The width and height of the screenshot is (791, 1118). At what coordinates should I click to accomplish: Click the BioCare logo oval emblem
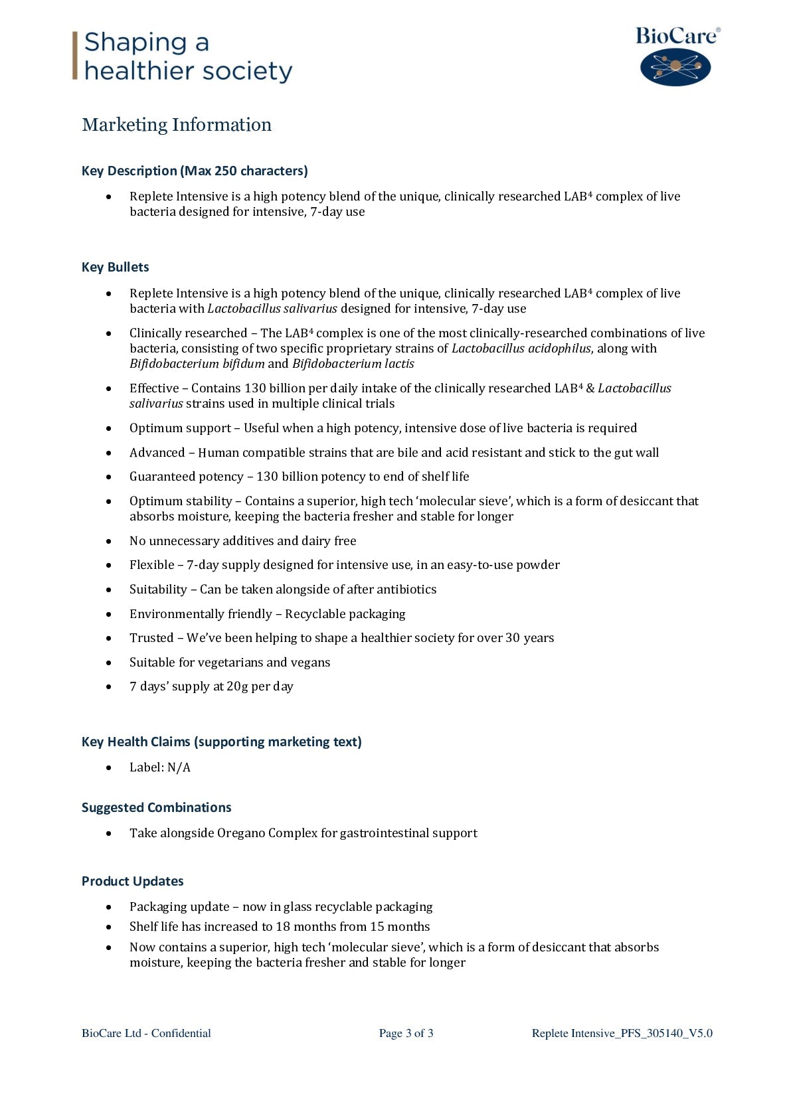coord(675,67)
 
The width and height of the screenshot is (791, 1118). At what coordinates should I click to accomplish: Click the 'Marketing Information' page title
coord(177,125)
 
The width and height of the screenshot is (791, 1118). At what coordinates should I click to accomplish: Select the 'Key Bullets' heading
coord(115,267)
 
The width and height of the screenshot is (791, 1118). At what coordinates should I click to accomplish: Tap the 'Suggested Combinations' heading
coord(156,807)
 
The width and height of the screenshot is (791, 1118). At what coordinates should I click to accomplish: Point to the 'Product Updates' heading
coord(132,881)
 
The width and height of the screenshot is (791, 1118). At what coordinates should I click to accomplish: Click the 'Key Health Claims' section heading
coord(221,742)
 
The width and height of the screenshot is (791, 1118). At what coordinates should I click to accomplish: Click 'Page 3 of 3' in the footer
coord(406,1033)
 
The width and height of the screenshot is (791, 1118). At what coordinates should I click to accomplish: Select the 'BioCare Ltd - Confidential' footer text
coord(146,1033)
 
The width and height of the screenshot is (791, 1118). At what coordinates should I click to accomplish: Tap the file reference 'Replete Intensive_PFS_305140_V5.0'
coord(622,1033)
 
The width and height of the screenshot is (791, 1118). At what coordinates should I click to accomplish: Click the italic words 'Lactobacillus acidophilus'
coord(521,349)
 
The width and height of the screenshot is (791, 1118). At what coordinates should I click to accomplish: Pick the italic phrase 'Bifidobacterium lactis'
coord(353,364)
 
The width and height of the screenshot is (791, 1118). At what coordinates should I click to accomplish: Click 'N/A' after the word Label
coord(179,767)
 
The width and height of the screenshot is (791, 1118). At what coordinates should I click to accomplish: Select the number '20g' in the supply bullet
coord(237,686)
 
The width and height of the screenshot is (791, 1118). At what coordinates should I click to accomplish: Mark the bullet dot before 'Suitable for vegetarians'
coord(109,663)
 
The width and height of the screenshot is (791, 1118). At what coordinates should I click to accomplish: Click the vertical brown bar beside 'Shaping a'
coord(75,56)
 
